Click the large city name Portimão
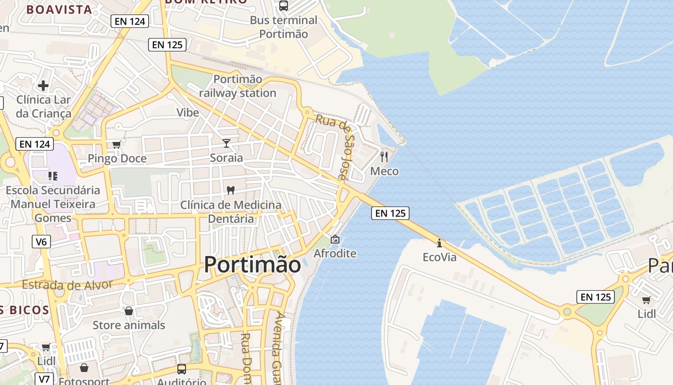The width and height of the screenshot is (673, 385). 252,265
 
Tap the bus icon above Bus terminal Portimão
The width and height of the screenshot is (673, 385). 284,6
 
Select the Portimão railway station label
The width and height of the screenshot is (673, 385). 237,86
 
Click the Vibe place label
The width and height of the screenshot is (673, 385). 187,113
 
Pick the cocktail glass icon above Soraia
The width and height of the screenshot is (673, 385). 226,143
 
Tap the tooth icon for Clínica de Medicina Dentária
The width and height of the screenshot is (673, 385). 231,190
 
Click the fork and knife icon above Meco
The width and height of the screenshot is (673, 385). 384,156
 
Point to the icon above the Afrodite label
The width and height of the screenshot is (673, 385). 335,239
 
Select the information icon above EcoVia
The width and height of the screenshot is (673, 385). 439,243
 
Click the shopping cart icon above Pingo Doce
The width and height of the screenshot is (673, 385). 116,144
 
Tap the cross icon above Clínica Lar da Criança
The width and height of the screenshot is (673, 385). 43,86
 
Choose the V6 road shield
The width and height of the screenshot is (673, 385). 41,242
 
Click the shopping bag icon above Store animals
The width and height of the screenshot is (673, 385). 128,311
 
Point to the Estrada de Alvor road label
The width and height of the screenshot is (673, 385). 67,284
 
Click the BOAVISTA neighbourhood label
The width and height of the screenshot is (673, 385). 59,10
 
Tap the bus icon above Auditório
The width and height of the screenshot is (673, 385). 182,369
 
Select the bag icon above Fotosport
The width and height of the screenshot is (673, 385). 84,368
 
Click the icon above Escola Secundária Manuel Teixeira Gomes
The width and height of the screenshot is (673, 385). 53,176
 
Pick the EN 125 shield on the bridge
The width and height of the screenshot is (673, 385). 390,213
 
